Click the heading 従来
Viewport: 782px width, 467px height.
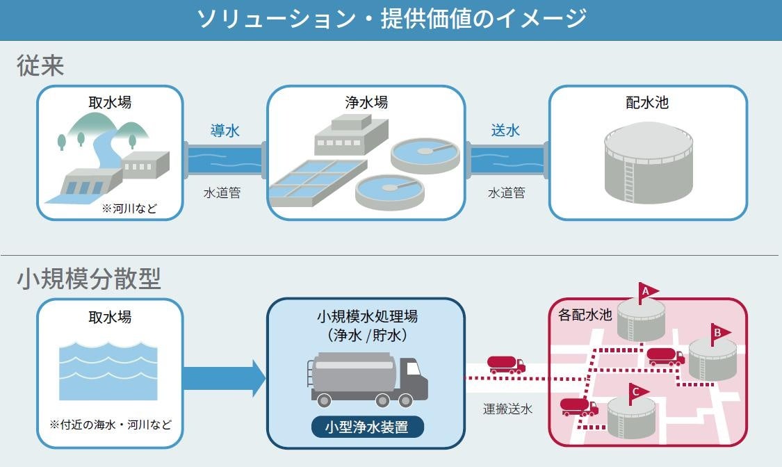pyautogui.click(x=40, y=66)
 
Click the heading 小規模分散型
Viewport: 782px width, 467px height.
pyautogui.click(x=89, y=279)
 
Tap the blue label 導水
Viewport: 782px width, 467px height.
pyautogui.click(x=225, y=131)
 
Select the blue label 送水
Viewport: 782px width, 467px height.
pyautogui.click(x=505, y=130)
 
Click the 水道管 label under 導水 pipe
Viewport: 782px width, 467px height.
pyautogui.click(x=222, y=193)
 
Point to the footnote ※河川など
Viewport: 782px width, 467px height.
pyautogui.click(x=130, y=208)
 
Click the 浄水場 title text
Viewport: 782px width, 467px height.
pyautogui.click(x=366, y=102)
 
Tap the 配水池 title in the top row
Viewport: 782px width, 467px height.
pyautogui.click(x=647, y=102)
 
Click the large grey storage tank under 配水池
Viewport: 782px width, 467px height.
pyautogui.click(x=649, y=163)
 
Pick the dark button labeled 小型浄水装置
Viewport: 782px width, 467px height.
pyautogui.click(x=368, y=427)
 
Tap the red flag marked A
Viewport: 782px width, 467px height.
pyautogui.click(x=647, y=293)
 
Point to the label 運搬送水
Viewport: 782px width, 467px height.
pyautogui.click(x=507, y=409)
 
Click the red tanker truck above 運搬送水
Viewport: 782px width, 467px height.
pyautogui.click(x=506, y=365)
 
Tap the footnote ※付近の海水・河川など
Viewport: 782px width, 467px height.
pyautogui.click(x=111, y=425)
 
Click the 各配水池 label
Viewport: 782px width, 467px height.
pyautogui.click(x=585, y=315)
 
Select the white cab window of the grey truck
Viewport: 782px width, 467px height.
pyautogui.click(x=414, y=369)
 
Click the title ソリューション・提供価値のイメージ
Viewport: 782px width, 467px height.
pyautogui.click(x=391, y=19)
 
